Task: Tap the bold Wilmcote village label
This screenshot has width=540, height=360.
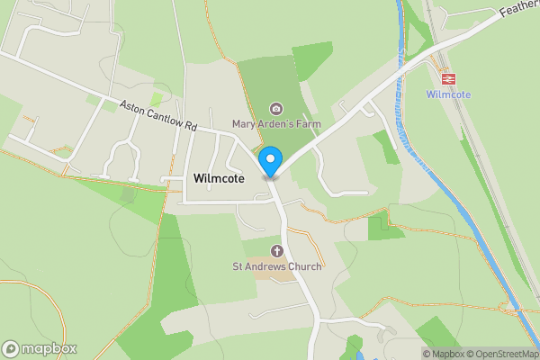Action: [x=219, y=179]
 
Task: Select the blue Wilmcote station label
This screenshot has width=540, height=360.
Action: [x=448, y=94]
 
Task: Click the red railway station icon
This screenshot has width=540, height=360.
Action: [x=448, y=78]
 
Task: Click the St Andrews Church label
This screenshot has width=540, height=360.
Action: [x=277, y=266]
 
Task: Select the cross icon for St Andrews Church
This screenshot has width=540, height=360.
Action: [x=277, y=250]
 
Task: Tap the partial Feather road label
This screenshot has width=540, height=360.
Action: [x=519, y=8]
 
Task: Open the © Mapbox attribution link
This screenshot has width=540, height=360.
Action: [x=443, y=354]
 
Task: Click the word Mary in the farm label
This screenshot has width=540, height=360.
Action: [x=244, y=123]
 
